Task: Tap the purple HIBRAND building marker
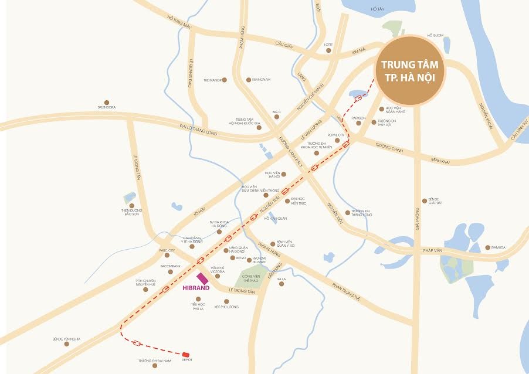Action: point(202,278)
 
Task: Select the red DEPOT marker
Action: point(186,354)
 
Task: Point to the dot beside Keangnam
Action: point(249,80)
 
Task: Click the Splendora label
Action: point(106,107)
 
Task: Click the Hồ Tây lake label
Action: point(377,9)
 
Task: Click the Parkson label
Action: point(358,118)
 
